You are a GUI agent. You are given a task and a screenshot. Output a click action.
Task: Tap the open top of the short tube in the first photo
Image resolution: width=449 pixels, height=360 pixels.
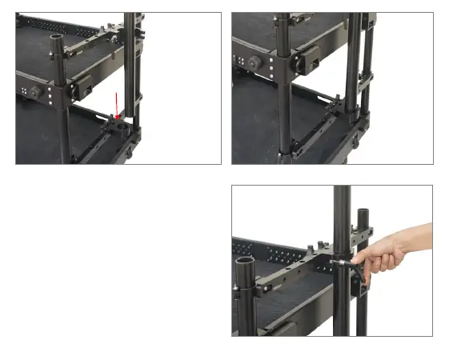click(57, 37)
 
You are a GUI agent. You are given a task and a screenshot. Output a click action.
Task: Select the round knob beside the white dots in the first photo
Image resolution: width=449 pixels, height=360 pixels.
click(35, 91)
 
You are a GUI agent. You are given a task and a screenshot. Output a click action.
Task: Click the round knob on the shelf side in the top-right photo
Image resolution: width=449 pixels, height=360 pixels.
click(255, 62)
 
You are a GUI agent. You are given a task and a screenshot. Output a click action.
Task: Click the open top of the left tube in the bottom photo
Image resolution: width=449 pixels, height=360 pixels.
click(247, 262)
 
